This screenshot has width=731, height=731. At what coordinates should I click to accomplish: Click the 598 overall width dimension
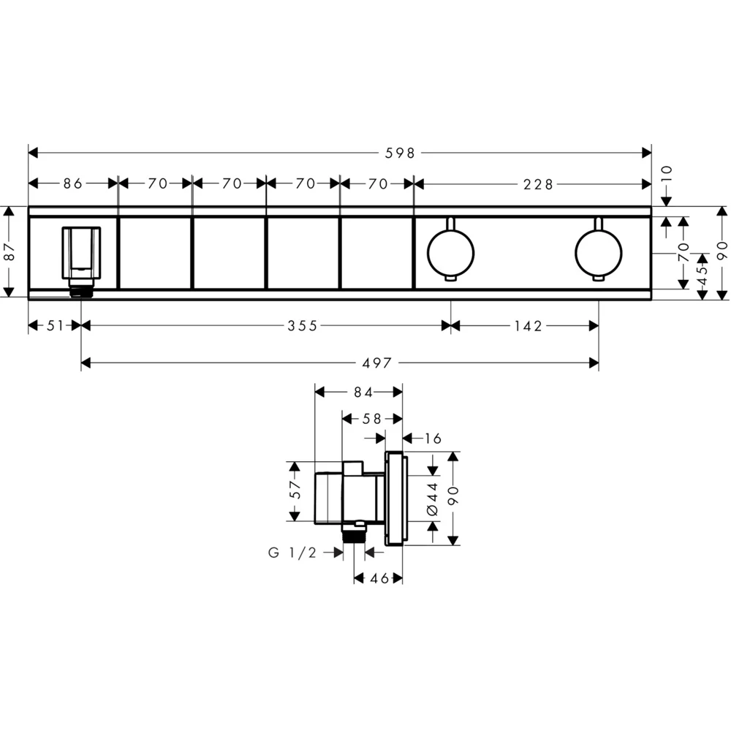click(401, 153)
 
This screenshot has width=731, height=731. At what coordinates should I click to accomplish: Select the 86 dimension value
click(73, 184)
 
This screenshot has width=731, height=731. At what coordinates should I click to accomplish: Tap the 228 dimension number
click(539, 184)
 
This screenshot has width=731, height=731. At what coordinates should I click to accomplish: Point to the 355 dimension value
click(302, 326)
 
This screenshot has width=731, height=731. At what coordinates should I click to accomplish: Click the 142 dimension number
click(528, 326)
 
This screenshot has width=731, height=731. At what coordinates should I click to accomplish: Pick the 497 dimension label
click(376, 363)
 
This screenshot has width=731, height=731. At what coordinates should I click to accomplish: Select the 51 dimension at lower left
click(55, 326)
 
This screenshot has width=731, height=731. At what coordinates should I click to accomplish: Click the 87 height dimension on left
click(9, 251)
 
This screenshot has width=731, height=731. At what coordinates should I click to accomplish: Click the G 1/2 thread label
click(292, 553)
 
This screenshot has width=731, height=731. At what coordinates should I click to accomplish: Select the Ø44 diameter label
click(432, 497)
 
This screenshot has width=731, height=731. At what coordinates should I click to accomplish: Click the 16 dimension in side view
click(432, 438)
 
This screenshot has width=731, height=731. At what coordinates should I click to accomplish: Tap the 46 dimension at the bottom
click(378, 578)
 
